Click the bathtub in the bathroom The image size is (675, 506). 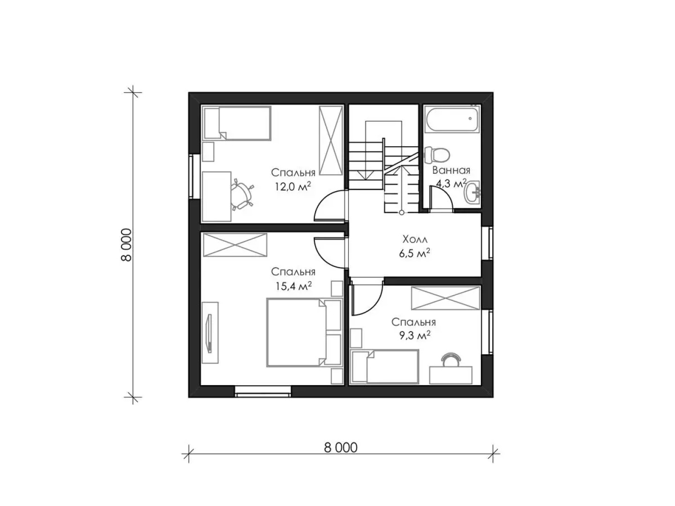tap(452, 119)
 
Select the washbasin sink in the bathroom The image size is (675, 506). tap(472, 192)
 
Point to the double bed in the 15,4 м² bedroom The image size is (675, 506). tap(304, 332)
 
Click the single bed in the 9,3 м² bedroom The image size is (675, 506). tap(385, 366)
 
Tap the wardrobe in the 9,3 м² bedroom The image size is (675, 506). tap(446, 298)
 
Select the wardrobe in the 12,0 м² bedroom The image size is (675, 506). tap(331, 141)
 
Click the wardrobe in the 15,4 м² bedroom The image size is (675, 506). tap(235, 245)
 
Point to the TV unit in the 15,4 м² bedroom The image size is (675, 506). tap(210, 333)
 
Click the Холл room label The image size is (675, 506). tap(415, 239)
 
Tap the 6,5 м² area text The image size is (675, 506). tap(414, 253)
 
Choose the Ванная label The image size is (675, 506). tap(451, 170)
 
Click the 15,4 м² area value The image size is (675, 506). tap(293, 286)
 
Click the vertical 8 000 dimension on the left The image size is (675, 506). tap(126, 245)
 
